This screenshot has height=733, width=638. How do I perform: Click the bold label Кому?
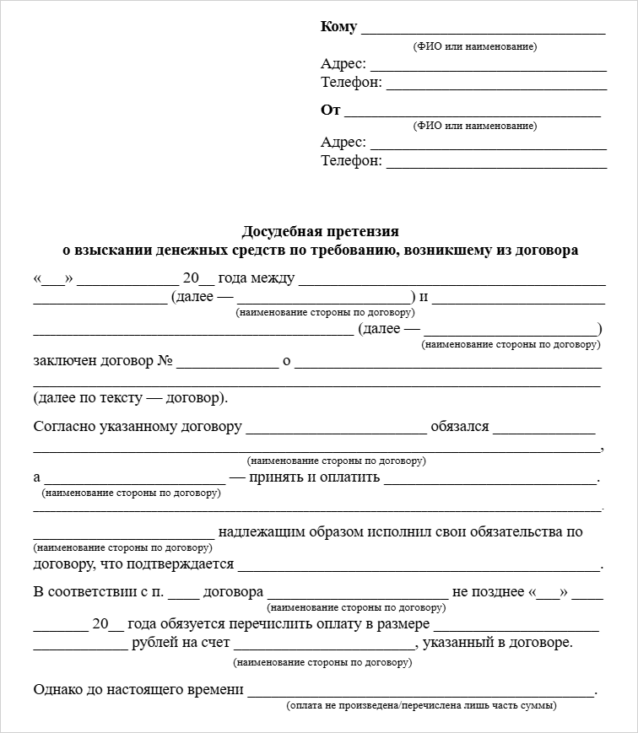338,27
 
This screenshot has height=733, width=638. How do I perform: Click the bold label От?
330,110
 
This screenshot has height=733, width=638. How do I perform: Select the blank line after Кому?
483,31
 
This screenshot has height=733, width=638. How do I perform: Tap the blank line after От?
473,114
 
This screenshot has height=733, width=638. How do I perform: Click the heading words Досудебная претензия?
320,231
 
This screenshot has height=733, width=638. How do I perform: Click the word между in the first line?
273,278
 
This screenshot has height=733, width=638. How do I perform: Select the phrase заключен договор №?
103,361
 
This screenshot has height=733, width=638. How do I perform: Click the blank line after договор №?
227,366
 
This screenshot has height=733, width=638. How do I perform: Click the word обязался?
460,426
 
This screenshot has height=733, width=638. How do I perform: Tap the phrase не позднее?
489,592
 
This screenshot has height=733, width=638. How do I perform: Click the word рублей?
154,644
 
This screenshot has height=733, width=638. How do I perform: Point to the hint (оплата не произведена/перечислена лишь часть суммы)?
421,705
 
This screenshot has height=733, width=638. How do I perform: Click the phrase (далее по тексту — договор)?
131,397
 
